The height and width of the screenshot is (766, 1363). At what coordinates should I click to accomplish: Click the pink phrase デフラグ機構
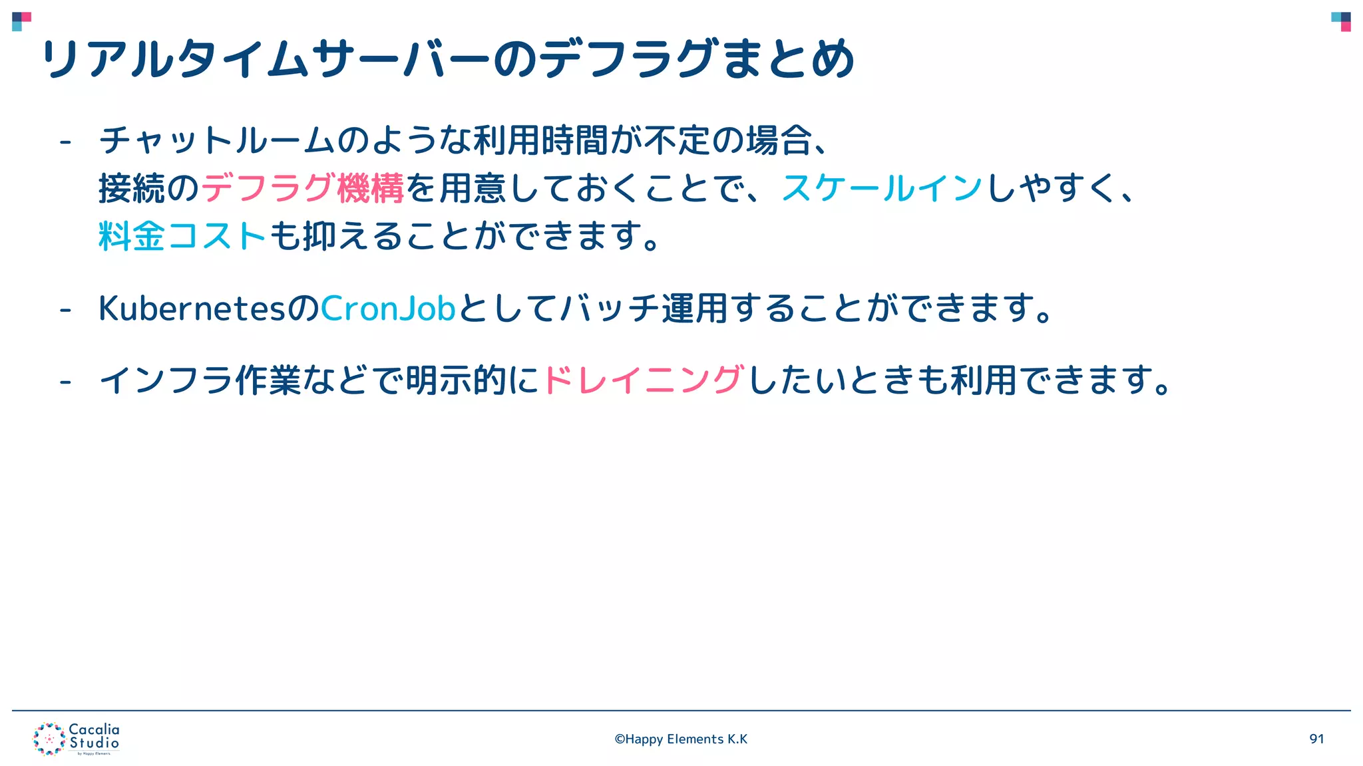pyautogui.click(x=303, y=188)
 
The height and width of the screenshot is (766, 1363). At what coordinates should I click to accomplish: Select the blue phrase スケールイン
pyautogui.click(x=882, y=188)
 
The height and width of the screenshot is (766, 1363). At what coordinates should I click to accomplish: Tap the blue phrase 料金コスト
pyautogui.click(x=182, y=236)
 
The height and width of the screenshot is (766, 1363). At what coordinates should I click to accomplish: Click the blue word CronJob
pyautogui.click(x=388, y=309)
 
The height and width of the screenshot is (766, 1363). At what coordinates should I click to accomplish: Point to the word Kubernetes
pyautogui.click(x=192, y=309)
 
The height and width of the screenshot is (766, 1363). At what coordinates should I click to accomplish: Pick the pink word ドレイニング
pyautogui.click(x=643, y=380)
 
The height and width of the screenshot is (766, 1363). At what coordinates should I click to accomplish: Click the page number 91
pyautogui.click(x=1316, y=739)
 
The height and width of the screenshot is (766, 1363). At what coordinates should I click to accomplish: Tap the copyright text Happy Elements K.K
pyautogui.click(x=681, y=739)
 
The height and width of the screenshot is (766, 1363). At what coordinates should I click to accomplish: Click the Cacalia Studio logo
pyautogui.click(x=77, y=739)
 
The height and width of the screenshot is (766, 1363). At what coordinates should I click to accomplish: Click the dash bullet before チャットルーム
pyautogui.click(x=65, y=142)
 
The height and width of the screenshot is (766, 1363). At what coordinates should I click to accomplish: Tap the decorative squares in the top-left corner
pyautogui.click(x=21, y=21)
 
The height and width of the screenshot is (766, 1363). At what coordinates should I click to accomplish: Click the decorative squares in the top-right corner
pyautogui.click(x=1341, y=21)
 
